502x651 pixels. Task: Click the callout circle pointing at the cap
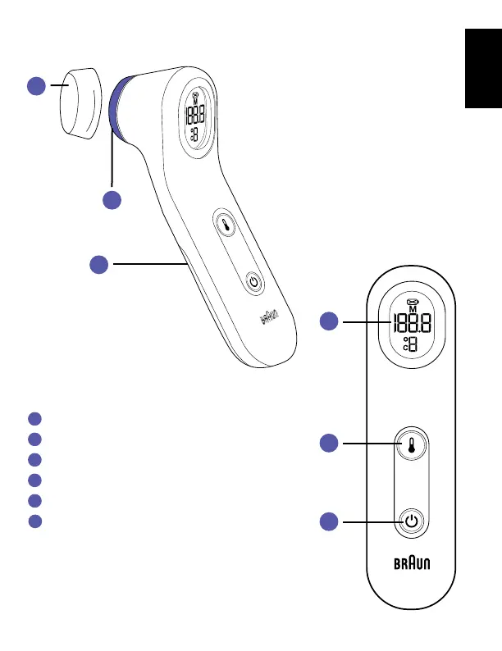point(36,85)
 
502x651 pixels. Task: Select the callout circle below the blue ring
point(112,199)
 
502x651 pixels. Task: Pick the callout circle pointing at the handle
point(99,264)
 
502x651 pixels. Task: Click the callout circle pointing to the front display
point(329,322)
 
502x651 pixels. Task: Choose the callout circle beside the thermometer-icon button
point(329,444)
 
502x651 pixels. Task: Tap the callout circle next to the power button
point(329,521)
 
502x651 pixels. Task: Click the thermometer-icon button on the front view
point(412,444)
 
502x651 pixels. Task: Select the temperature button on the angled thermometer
point(226,223)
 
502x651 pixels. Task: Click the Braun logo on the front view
point(412,564)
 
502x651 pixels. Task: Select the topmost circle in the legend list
point(33,418)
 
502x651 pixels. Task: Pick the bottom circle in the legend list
point(33,521)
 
